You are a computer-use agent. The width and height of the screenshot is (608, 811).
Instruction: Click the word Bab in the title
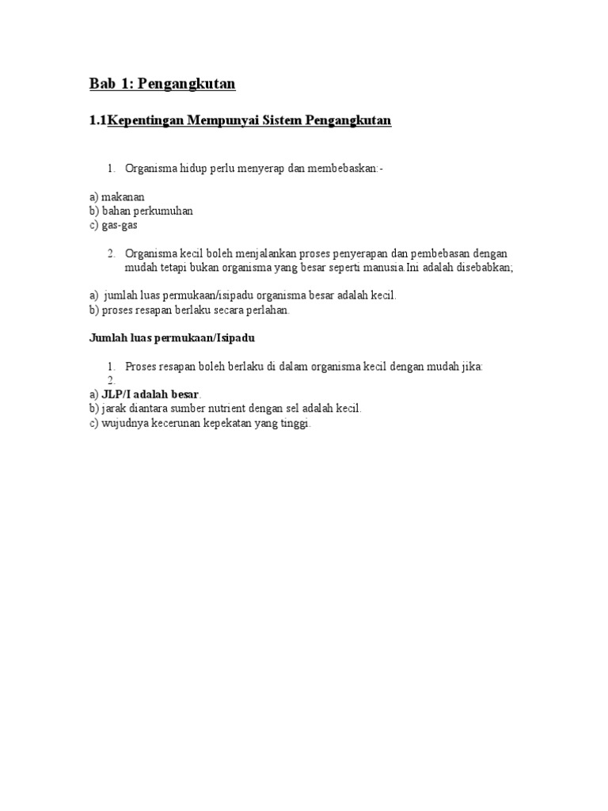(101, 84)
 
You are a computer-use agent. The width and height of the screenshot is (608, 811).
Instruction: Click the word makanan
(123, 197)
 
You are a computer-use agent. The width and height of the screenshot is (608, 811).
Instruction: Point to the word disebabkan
(482, 268)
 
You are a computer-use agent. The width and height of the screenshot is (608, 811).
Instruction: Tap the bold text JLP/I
(116, 394)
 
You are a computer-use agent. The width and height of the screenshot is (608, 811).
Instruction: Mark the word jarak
(115, 409)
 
